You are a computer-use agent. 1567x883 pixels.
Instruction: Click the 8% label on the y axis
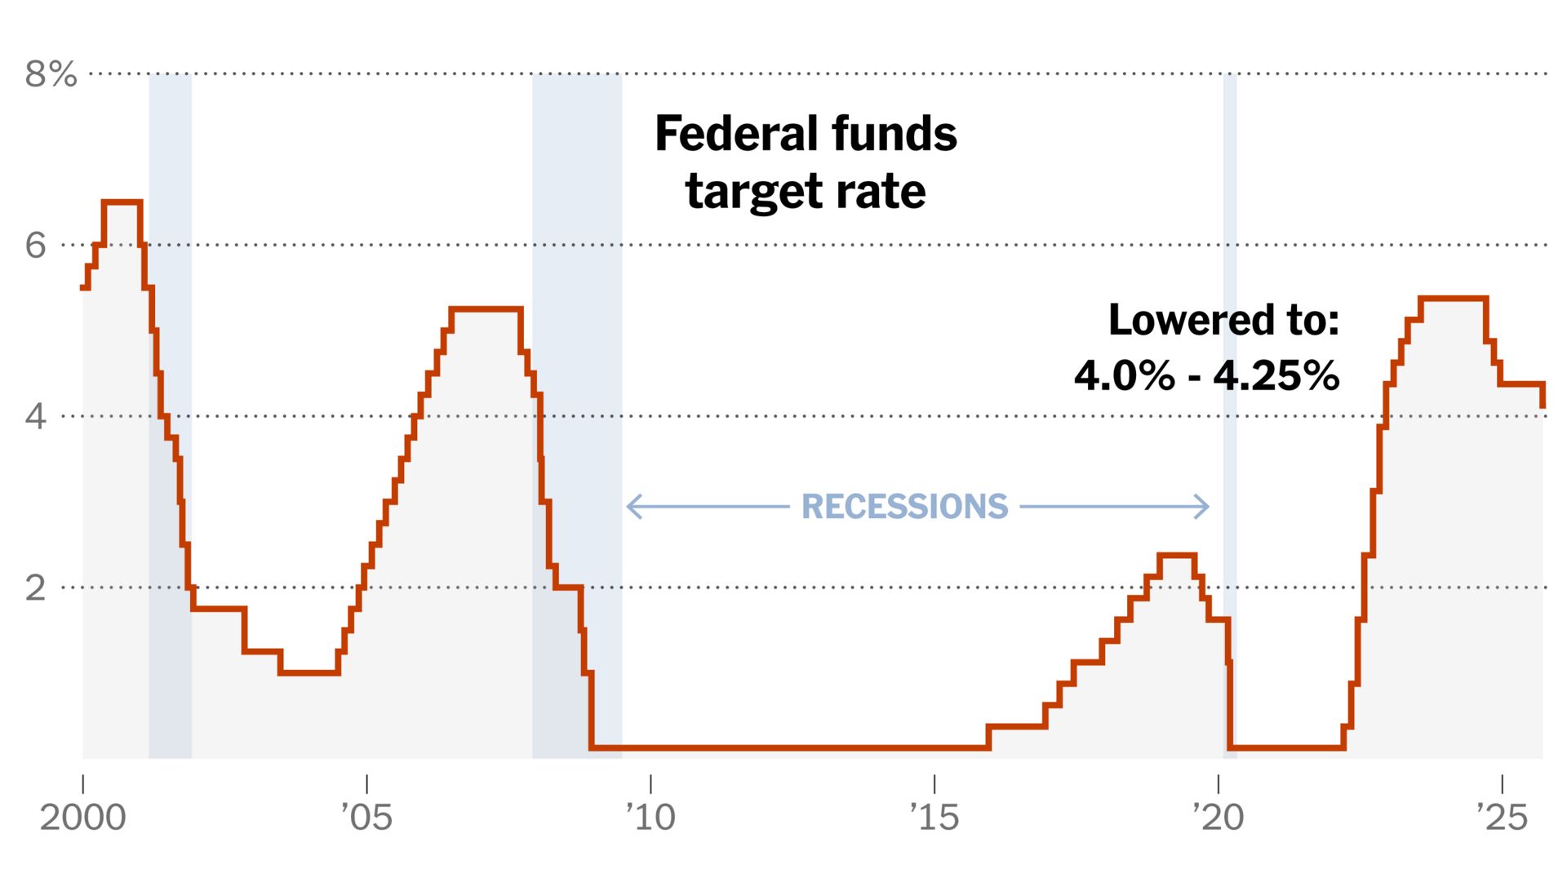click(x=51, y=74)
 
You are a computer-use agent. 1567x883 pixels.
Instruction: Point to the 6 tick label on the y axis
click(x=36, y=245)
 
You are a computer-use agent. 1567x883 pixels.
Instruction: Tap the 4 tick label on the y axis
click(x=36, y=416)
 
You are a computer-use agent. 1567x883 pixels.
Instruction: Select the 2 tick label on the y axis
click(x=36, y=588)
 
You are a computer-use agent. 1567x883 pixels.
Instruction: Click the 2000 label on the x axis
click(x=82, y=817)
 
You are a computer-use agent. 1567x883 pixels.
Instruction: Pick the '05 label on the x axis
click(x=366, y=817)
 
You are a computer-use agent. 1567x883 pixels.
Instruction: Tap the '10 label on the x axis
click(x=650, y=817)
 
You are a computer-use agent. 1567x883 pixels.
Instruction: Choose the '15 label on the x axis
click(x=934, y=817)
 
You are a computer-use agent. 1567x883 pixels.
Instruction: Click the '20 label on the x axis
click(x=1218, y=817)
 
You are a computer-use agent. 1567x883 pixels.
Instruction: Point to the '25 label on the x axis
click(x=1502, y=817)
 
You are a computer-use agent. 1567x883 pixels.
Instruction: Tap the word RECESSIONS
click(x=904, y=507)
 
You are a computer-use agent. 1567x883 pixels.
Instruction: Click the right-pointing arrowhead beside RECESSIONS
click(x=1205, y=507)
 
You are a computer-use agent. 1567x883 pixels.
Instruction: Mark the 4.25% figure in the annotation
click(x=1276, y=376)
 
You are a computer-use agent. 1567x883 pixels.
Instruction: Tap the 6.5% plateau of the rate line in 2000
click(x=122, y=202)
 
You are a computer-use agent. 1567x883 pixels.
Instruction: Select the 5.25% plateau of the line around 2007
click(x=486, y=309)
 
